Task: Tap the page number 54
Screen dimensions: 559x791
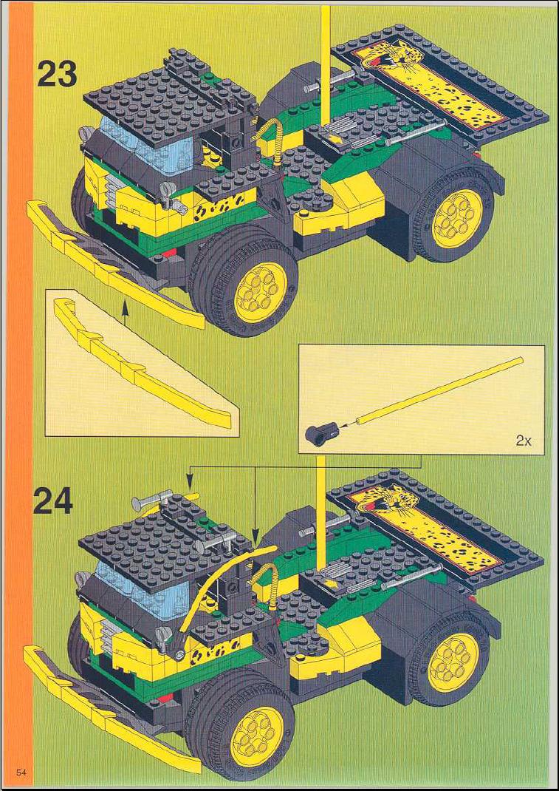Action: click(x=21, y=773)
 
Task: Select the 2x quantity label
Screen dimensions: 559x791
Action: click(x=524, y=441)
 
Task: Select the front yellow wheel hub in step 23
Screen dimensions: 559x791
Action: click(x=261, y=293)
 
